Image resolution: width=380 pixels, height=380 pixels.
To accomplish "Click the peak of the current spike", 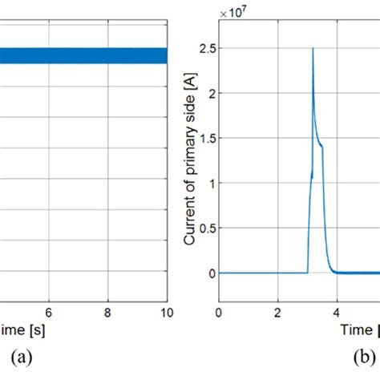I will click(313, 48).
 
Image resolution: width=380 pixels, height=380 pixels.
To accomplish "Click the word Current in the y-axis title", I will click(189, 220).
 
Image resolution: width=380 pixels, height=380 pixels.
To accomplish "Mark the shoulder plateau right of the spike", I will click(321, 145).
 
